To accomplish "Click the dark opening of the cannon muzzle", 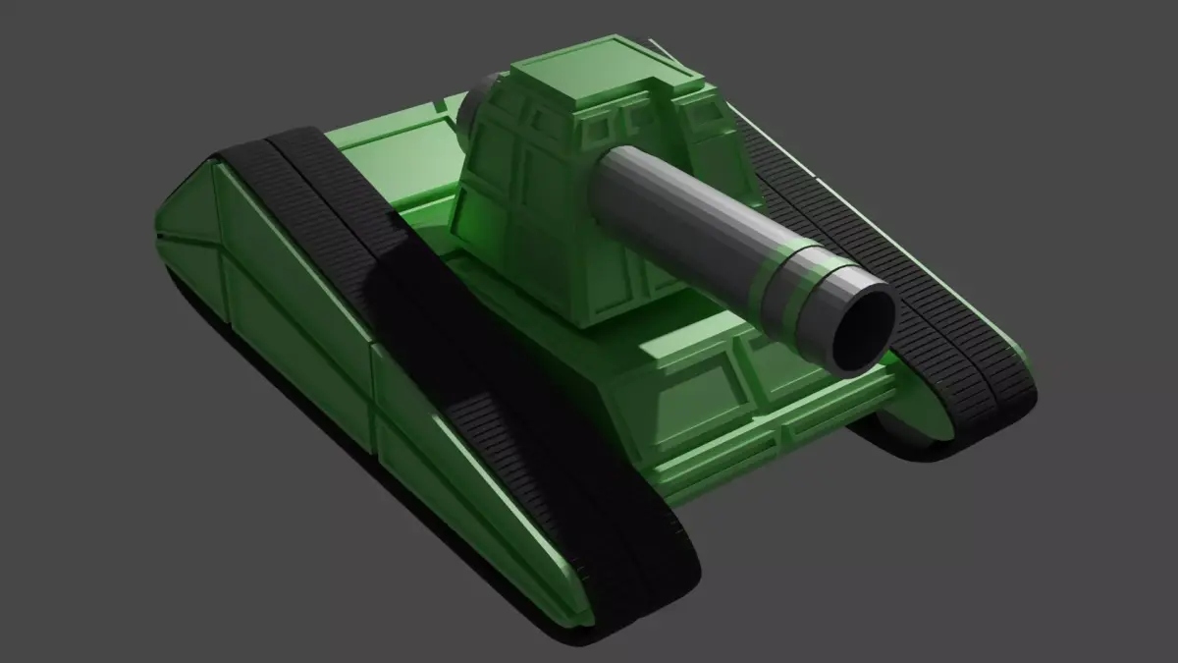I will coord(862,331).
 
